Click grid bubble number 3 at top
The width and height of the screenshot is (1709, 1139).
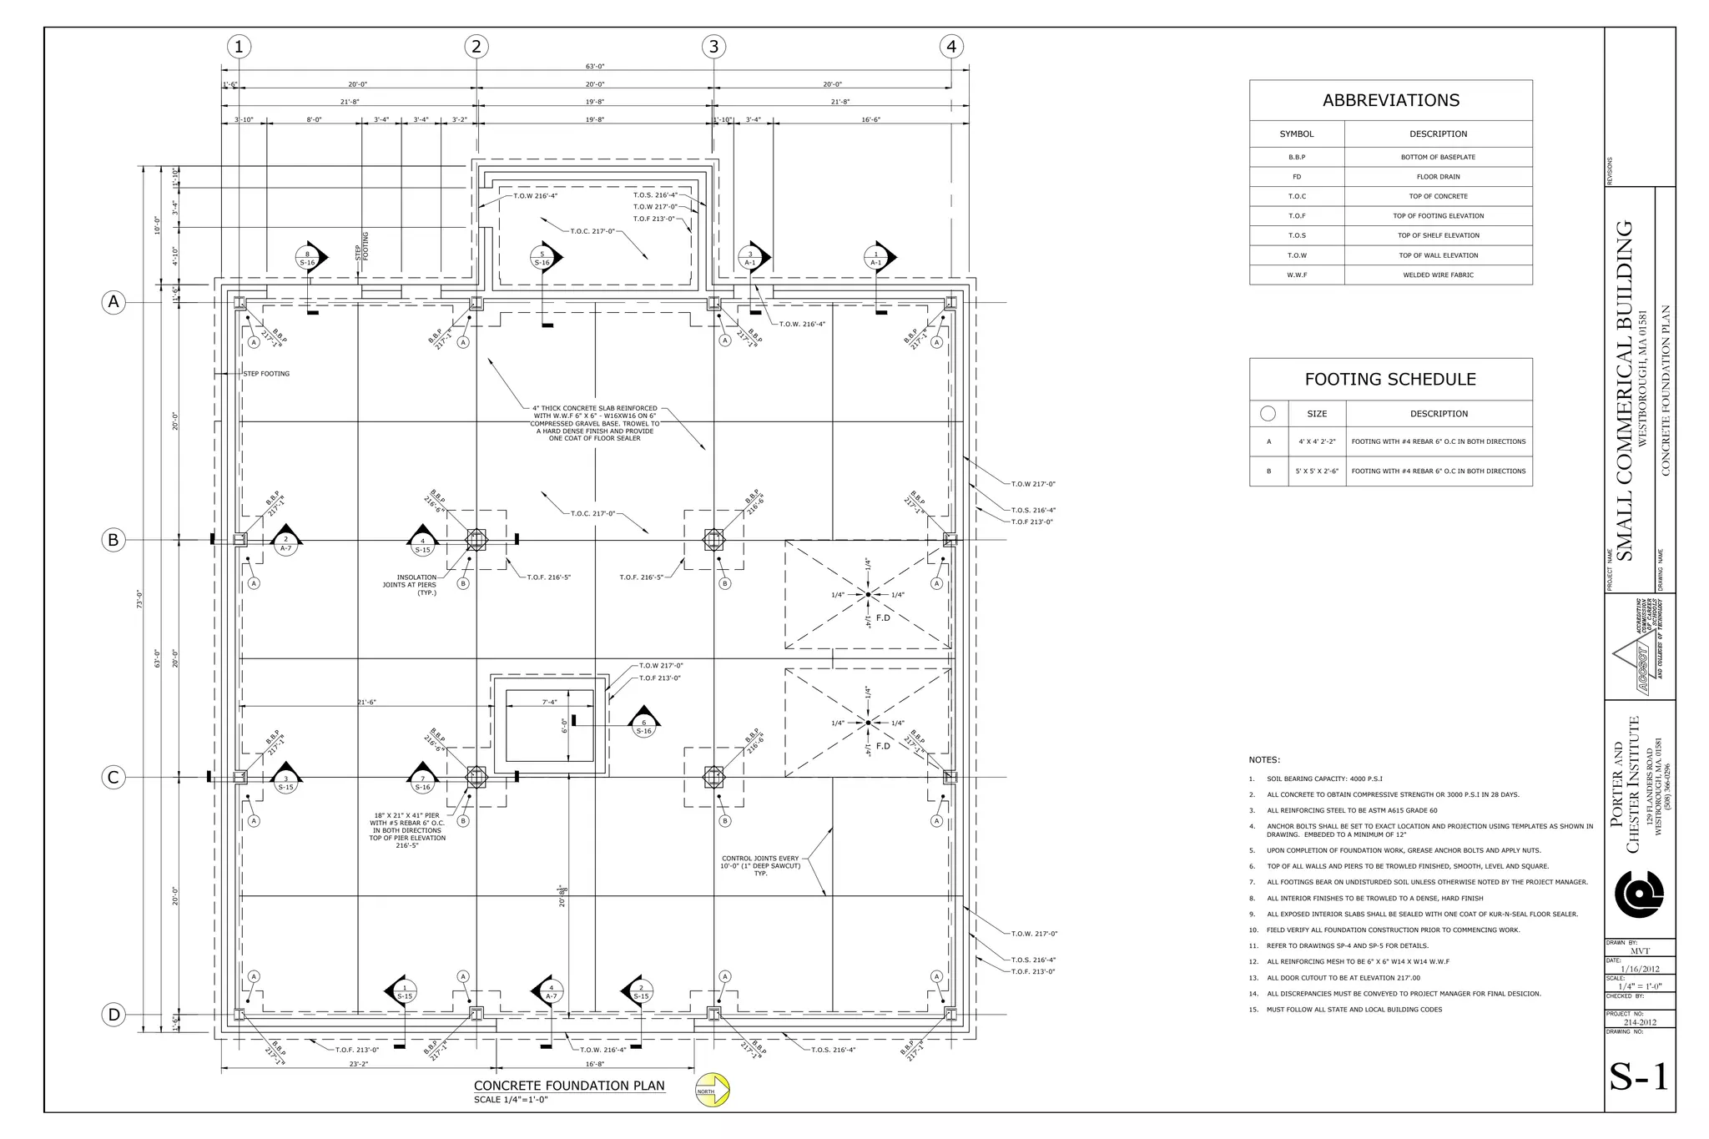[713, 47]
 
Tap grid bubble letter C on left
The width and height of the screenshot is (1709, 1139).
[113, 778]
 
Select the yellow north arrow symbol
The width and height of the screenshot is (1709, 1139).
[713, 1091]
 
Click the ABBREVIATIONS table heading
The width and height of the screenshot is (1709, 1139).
[1390, 101]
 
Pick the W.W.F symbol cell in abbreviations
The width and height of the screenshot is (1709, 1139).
[1296, 275]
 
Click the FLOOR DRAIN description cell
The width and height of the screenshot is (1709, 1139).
[1438, 177]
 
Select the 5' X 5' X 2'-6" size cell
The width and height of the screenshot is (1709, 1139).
[1316, 471]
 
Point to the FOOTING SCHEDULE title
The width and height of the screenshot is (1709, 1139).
[1390, 380]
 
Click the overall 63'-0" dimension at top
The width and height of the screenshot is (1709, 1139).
[594, 67]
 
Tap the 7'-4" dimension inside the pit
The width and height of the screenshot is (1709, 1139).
[549, 702]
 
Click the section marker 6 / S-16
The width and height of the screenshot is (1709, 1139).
[643, 725]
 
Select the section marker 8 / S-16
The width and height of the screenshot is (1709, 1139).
[307, 258]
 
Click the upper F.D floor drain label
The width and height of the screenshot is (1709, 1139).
[882, 618]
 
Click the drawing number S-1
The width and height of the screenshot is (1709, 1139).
[1639, 1076]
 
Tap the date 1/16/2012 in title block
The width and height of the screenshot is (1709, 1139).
[1640, 969]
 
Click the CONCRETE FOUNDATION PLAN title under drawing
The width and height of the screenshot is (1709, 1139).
[569, 1086]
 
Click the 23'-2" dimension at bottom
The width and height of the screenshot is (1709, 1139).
[359, 1064]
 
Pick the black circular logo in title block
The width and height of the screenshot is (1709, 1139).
[1639, 894]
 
